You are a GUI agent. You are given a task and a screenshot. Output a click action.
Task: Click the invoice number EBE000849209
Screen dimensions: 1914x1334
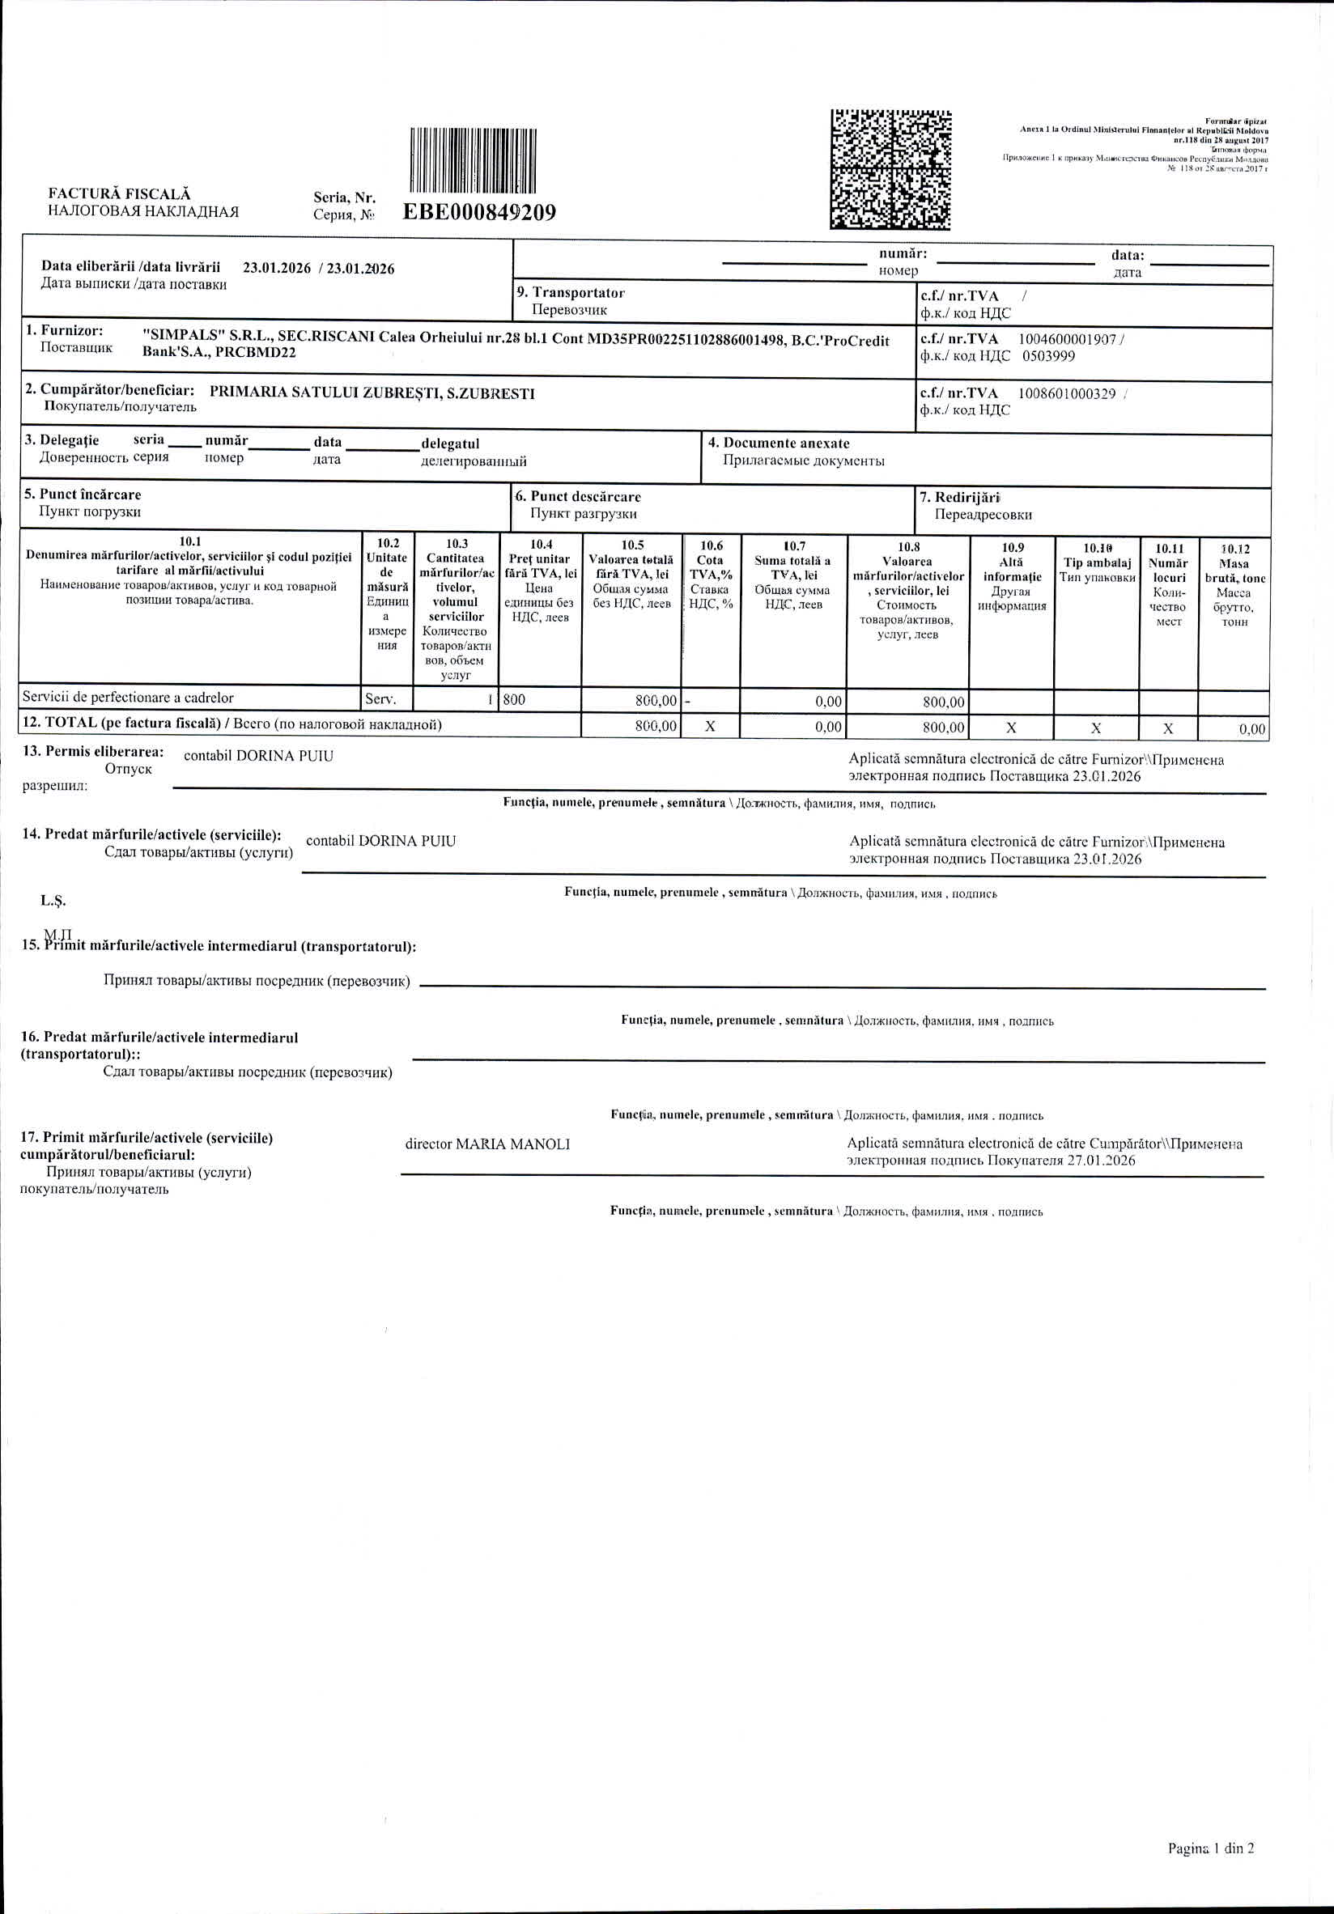tap(479, 213)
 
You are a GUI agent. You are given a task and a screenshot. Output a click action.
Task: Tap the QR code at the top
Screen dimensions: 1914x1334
tap(890, 169)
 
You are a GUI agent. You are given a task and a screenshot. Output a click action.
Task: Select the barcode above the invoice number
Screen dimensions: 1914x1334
tap(474, 160)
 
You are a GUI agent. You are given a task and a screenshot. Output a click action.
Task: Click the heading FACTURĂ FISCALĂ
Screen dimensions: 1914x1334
tap(119, 194)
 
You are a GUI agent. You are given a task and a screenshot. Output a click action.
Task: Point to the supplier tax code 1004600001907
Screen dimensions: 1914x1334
tap(1066, 339)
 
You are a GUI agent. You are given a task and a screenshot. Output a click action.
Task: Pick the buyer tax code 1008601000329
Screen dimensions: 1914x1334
tap(1066, 393)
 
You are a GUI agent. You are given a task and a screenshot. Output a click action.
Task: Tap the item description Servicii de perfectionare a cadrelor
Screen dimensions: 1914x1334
tap(128, 698)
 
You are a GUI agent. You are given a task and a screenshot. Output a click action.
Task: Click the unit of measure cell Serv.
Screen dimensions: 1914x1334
tap(381, 698)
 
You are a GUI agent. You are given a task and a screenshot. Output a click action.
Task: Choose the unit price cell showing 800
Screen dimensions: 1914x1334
tap(515, 699)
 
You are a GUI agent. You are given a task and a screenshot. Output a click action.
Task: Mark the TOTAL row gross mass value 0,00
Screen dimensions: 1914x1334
tap(1251, 729)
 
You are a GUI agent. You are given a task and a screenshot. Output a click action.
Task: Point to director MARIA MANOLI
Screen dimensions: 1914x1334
tap(488, 1144)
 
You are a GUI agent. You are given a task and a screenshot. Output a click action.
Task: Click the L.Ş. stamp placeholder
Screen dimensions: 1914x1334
tap(53, 900)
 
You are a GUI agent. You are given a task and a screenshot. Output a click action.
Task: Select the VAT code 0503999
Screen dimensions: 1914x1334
tap(1048, 356)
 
